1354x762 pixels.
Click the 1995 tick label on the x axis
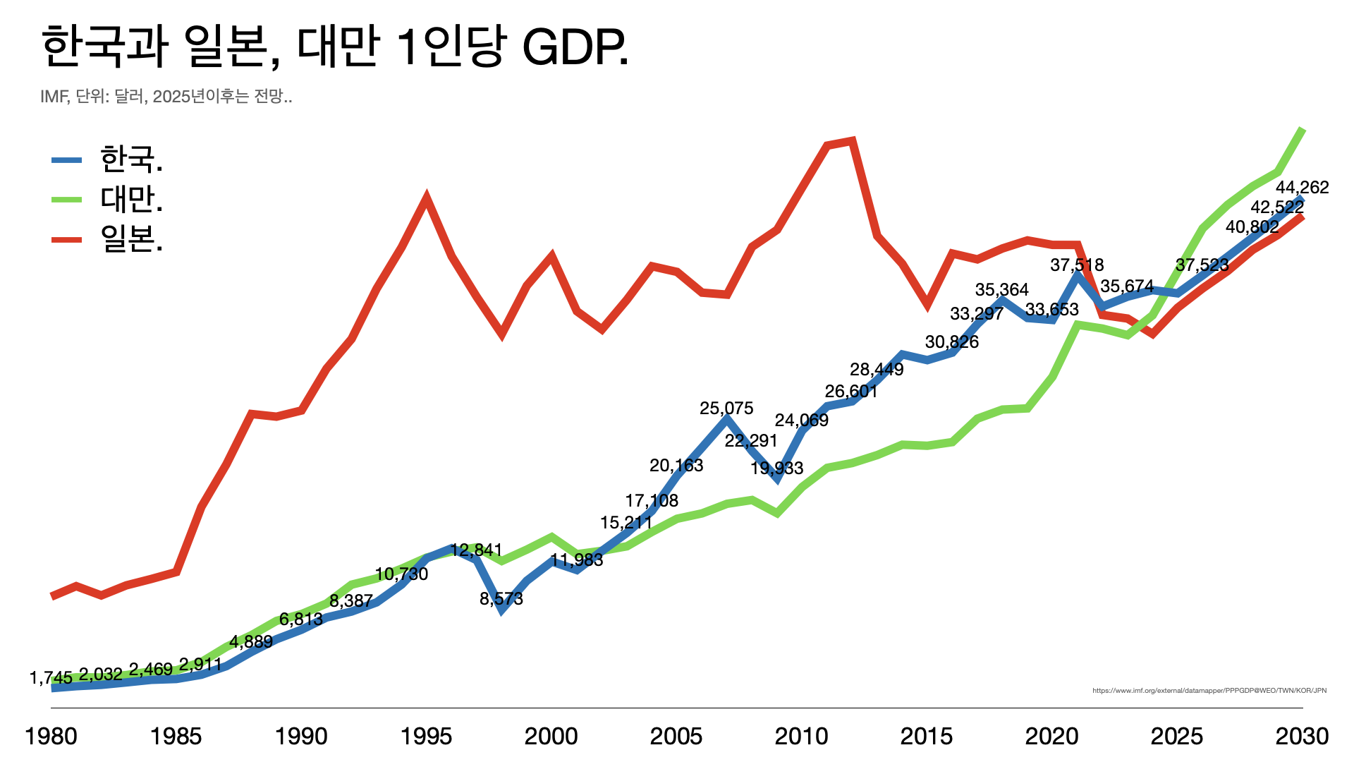pos(426,737)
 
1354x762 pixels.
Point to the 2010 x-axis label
pos(801,737)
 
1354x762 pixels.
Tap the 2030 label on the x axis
pos(1302,737)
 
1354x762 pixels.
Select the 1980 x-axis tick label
pos(51,737)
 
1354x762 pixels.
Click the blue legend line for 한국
pos(67,160)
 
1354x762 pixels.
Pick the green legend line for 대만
pos(67,200)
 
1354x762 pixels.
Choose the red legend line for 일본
pos(67,240)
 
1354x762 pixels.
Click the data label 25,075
pos(726,409)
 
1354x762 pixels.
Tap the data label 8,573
pos(501,599)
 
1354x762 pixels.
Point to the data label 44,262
pos(1302,188)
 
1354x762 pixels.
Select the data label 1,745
pos(51,678)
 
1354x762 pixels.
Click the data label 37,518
pos(1077,265)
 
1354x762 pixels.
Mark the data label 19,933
pos(776,468)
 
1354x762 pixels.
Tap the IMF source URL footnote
pos(1209,691)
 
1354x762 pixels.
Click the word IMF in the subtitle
pos(53,97)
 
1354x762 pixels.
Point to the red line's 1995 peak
pos(426,198)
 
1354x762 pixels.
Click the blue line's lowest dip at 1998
pos(501,610)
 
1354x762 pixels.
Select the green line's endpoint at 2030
pos(1302,130)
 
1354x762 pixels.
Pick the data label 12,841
pos(476,550)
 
